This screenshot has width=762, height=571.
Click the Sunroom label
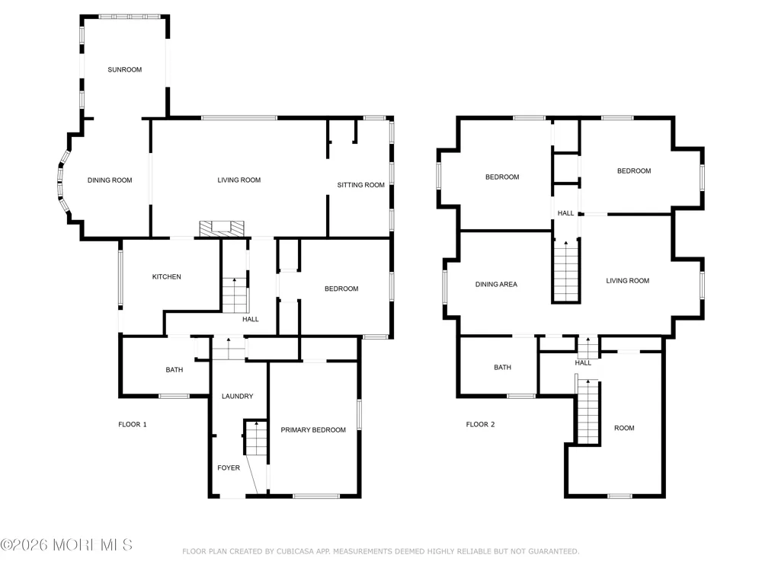[x=125, y=69]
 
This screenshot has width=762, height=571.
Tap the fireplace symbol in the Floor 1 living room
[x=222, y=228]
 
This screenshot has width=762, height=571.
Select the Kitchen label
[x=167, y=277]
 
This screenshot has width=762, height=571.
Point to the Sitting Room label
[x=361, y=185]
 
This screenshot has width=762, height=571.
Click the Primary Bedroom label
[x=313, y=429]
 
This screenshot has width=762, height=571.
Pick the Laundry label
[x=238, y=396]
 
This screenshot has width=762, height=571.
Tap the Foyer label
[x=229, y=467]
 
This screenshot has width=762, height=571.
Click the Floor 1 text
[x=133, y=424]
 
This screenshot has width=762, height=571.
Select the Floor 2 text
[x=481, y=424]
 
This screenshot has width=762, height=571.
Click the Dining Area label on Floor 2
[x=497, y=284]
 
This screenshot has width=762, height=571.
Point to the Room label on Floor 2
[x=625, y=428]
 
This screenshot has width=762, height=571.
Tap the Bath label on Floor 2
[x=502, y=367]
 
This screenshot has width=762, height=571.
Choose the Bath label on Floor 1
[x=174, y=369]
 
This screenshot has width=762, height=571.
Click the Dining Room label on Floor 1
[x=110, y=180]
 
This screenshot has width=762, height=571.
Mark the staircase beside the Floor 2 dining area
[x=566, y=271]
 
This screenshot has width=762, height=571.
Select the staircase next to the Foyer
[x=256, y=438]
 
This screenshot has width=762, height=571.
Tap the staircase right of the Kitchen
[x=235, y=295]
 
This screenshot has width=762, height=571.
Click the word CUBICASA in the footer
[x=297, y=551]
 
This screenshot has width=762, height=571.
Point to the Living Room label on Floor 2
[x=628, y=281]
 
